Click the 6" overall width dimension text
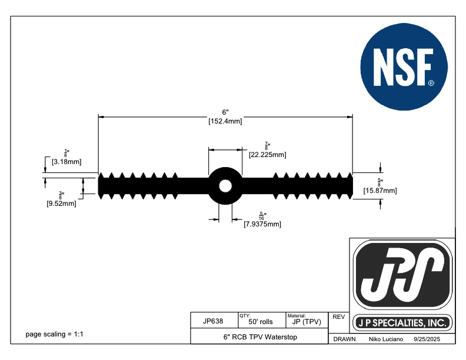(225, 112)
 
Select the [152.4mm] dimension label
(225, 122)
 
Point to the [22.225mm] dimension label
(267, 155)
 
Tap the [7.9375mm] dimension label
(262, 224)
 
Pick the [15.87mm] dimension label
(380, 190)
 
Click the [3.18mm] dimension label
(66, 161)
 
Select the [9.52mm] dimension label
(61, 204)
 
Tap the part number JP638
(212, 321)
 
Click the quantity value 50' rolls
(261, 322)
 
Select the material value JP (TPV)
(306, 322)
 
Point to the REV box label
(338, 316)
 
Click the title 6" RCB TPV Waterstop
(259, 337)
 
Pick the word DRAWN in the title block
(344, 340)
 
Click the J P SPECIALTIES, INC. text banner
(403, 323)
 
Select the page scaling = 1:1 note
(55, 334)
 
